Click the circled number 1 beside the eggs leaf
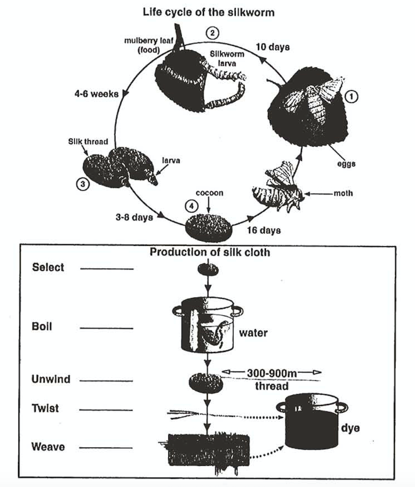click(x=351, y=97)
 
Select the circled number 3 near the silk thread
click(x=83, y=184)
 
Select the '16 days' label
click(x=264, y=230)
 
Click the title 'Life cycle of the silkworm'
click(x=208, y=12)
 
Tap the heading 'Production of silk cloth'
click(x=210, y=252)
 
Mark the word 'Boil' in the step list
click(x=42, y=328)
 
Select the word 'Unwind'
click(x=51, y=379)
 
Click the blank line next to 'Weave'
click(x=106, y=447)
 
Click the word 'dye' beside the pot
click(x=350, y=428)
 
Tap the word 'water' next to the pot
click(x=253, y=332)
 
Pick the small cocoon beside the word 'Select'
click(x=208, y=269)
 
